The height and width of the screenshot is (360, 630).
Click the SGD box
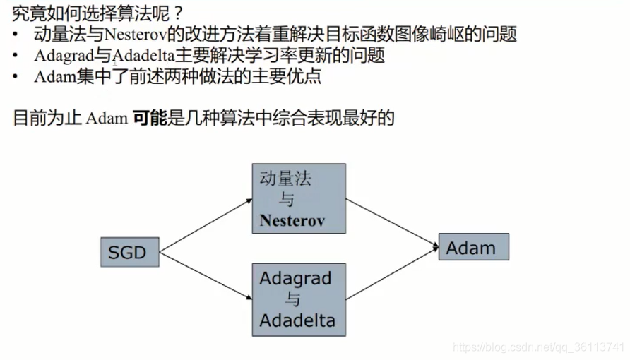(129, 251)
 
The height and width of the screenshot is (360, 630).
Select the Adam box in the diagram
(473, 247)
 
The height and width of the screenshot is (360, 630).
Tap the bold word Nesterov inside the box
(292, 220)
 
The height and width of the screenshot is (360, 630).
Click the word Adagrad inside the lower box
(295, 278)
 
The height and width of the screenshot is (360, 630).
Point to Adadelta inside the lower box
(297, 321)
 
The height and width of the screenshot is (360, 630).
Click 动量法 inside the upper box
(285, 179)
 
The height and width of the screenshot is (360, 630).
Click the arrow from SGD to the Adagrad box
(206, 275)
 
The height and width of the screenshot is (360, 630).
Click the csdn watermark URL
(538, 347)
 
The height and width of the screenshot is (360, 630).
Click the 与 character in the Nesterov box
(287, 200)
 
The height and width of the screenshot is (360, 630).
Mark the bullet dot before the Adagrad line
(16, 56)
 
